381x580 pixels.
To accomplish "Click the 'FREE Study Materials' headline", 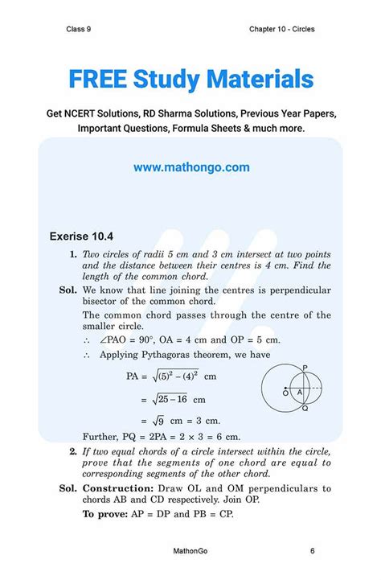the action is [x=190, y=79].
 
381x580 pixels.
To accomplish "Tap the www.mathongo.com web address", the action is [x=191, y=167].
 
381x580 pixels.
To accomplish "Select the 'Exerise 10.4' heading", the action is [x=81, y=237].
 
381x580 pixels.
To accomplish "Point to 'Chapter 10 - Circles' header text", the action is [x=282, y=30].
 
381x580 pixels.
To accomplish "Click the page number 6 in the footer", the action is [x=312, y=551].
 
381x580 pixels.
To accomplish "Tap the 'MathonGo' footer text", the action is [x=190, y=551].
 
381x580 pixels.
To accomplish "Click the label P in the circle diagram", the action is [x=304, y=367].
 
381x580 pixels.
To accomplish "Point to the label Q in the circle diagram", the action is [x=305, y=409].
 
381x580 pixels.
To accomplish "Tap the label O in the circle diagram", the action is [x=285, y=393].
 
